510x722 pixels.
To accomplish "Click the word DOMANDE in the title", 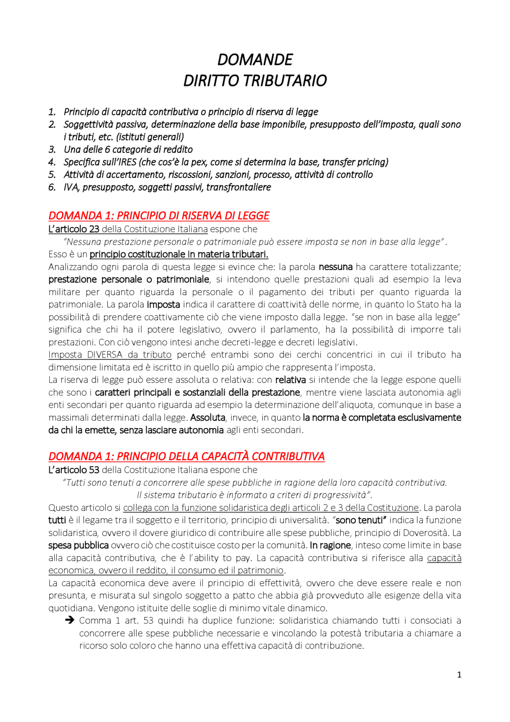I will [255, 60].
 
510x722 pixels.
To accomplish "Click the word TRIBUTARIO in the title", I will [285, 81].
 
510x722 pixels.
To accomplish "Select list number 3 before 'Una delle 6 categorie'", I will [52, 150].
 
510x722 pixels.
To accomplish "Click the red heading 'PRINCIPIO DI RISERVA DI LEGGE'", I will [193, 216].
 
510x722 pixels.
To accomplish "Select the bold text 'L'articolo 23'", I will [74, 229].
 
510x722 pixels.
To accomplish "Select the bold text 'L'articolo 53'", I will [74, 470].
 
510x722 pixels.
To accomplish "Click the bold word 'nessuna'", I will [335, 267].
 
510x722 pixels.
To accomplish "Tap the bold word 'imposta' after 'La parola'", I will [163, 305].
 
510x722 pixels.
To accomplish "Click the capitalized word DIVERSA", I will [105, 355].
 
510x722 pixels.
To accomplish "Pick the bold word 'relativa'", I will [290, 380].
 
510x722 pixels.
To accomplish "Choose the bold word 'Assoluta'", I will [208, 418].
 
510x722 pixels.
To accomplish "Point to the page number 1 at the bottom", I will [459, 675].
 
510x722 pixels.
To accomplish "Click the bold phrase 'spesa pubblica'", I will [78, 545].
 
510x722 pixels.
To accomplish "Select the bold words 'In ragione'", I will [330, 545].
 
